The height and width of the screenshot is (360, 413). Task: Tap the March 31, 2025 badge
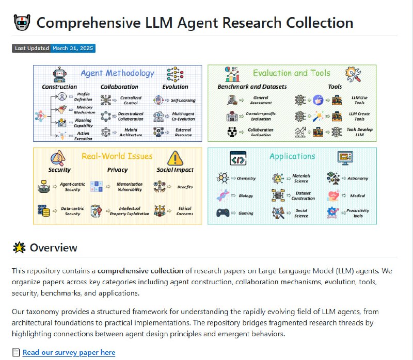pyautogui.click(x=73, y=48)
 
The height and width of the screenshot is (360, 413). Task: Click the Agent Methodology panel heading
pyautogui.click(x=118, y=73)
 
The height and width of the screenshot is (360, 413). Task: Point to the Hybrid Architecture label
pyautogui.click(x=119, y=133)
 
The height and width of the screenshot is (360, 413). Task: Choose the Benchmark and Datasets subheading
pyautogui.click(x=252, y=87)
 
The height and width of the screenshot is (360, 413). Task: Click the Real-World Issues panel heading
pyautogui.click(x=117, y=156)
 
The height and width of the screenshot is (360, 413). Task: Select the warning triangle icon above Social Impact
pyautogui.click(x=176, y=157)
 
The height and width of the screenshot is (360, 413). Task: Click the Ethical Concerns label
pyautogui.click(x=184, y=211)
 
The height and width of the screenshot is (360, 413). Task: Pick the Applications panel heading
pyautogui.click(x=292, y=156)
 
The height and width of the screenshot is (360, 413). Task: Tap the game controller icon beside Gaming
pyautogui.click(x=223, y=212)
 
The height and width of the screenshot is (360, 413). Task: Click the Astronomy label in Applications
pyautogui.click(x=358, y=178)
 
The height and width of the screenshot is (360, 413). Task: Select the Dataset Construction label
pyautogui.click(x=303, y=196)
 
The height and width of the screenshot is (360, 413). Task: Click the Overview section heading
pyautogui.click(x=54, y=248)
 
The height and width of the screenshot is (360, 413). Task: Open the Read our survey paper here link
pyautogui.click(x=69, y=353)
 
